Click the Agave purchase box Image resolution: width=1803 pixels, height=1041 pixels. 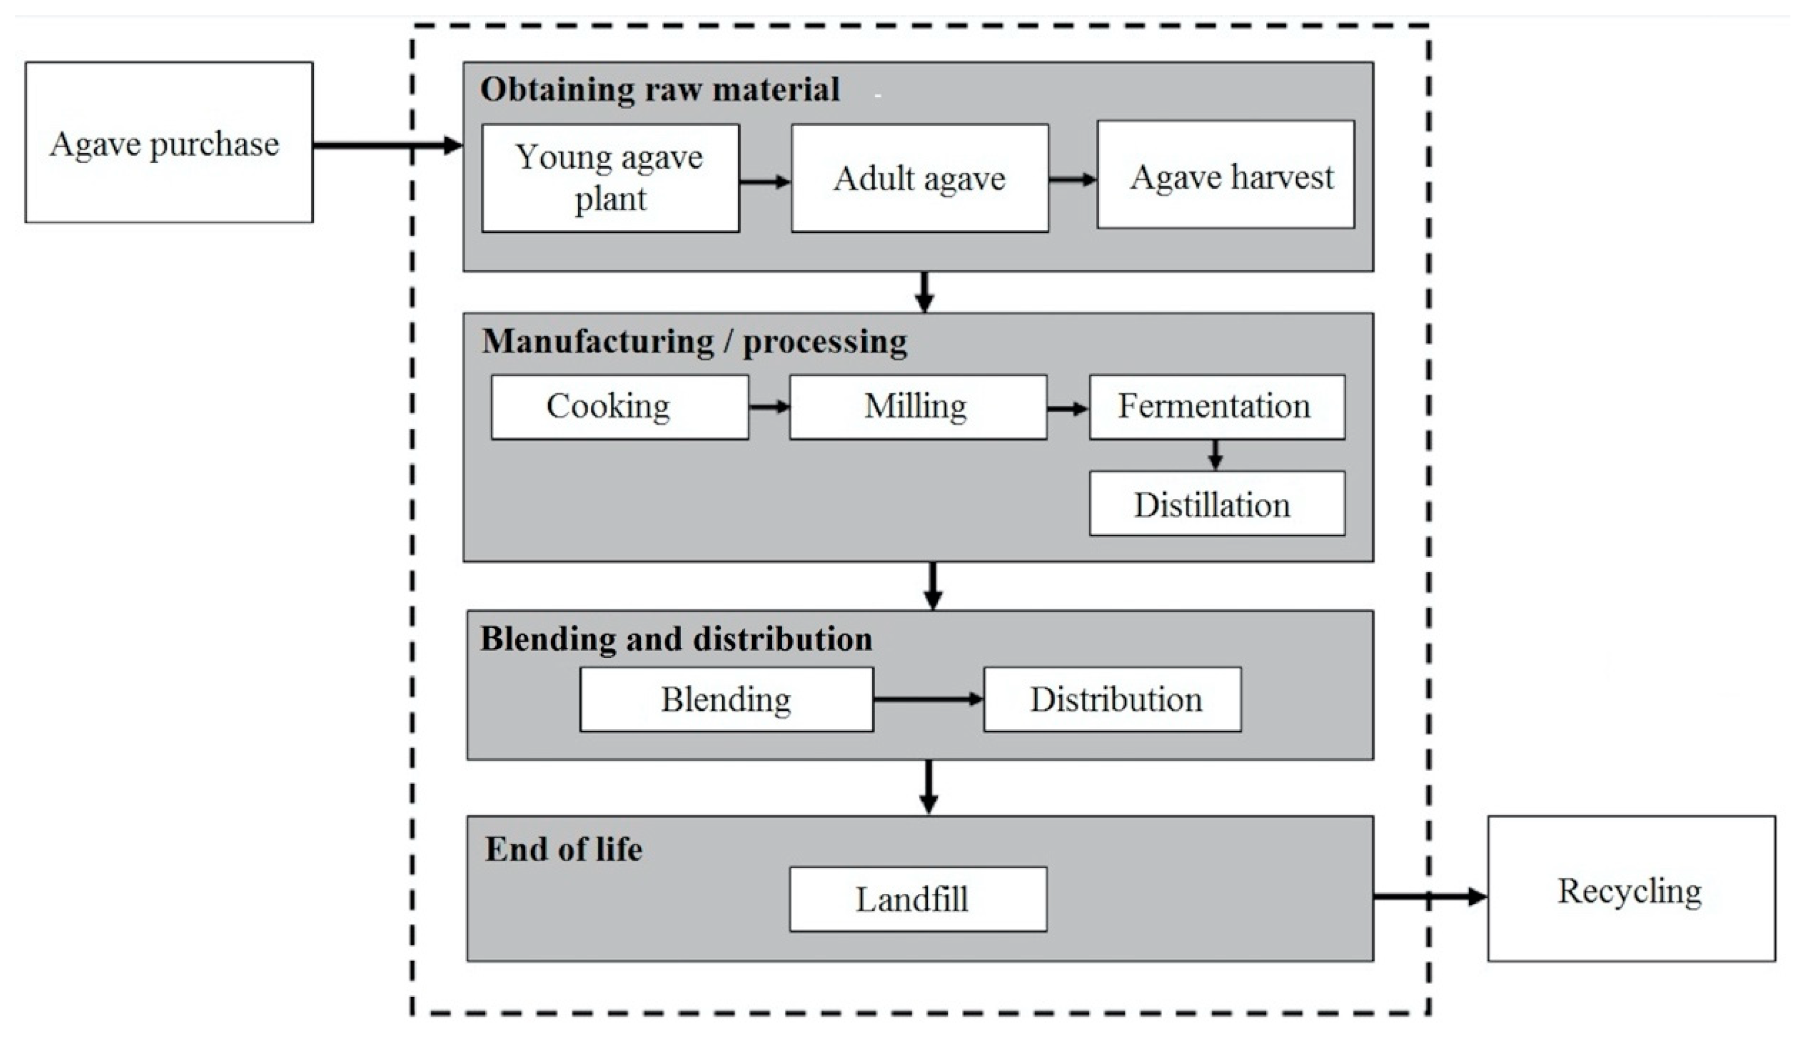pos(169,142)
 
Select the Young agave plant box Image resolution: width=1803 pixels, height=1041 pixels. pos(610,178)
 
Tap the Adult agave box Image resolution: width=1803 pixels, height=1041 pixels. pos(920,178)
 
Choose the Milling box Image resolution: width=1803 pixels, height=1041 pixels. pos(918,407)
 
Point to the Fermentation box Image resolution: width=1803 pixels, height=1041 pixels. pos(1216,407)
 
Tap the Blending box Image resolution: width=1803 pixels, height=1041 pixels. pos(726,699)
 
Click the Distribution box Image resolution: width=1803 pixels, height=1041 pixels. pos(1112,699)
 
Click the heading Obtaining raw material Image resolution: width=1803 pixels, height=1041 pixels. pos(660,90)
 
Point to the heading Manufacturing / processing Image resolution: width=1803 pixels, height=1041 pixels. pos(694,342)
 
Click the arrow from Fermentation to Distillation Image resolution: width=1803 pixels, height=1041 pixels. pos(1215,455)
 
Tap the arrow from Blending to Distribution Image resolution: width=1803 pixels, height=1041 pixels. pos(928,699)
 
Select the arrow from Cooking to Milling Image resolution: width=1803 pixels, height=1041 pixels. pos(768,407)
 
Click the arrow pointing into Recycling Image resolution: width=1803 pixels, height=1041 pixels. pos(1429,896)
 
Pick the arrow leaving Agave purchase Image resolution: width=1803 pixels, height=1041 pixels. pos(386,146)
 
